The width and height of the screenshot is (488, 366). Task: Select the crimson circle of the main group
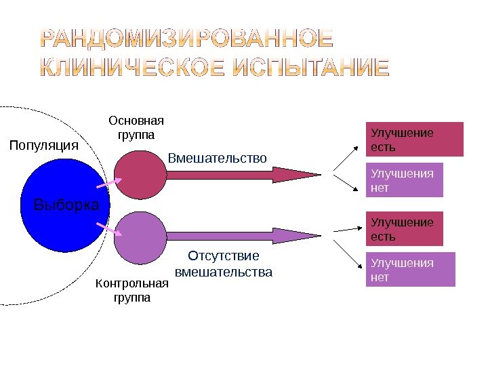(x=140, y=174)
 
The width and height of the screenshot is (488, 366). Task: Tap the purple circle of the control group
(x=140, y=237)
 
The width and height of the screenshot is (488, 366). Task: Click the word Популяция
(x=43, y=145)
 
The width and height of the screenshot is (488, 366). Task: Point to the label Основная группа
(x=137, y=127)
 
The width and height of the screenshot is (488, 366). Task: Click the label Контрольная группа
(x=132, y=290)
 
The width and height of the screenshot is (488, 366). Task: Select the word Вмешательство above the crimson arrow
(x=218, y=158)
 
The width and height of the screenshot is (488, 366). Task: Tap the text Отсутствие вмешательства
(x=224, y=264)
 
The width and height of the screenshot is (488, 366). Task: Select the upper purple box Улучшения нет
(x=404, y=180)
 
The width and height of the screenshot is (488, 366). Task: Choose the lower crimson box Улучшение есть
(x=404, y=229)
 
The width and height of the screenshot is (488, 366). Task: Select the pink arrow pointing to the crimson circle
(x=109, y=182)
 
